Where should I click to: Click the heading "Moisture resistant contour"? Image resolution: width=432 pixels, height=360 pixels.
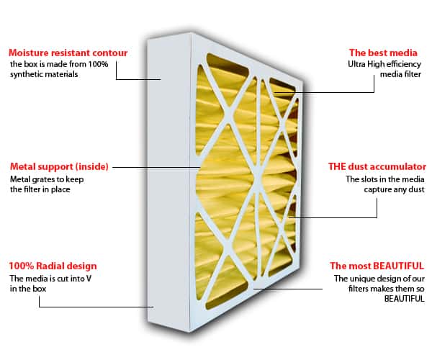pos(68,53)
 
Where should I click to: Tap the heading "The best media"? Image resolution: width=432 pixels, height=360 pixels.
pos(383,53)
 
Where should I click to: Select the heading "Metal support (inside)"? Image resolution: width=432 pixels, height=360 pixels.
pos(59,166)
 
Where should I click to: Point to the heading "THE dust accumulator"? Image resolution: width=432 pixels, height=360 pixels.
pos(377,166)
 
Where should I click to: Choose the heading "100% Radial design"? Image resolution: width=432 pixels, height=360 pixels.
pos(53,266)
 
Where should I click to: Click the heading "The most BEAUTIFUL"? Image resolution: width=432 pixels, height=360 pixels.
pos(377,266)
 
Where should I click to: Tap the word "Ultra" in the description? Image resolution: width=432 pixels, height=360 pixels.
pos(356,64)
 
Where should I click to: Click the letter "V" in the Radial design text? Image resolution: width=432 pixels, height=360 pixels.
pos(89,279)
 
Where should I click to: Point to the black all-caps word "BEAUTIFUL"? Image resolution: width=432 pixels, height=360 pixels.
pos(404,299)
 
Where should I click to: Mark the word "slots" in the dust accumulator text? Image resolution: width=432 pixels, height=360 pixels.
pos(368,179)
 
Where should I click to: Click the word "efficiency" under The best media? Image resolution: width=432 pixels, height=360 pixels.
pos(404,64)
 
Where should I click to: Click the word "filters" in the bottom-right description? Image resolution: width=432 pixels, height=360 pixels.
pos(357,289)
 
